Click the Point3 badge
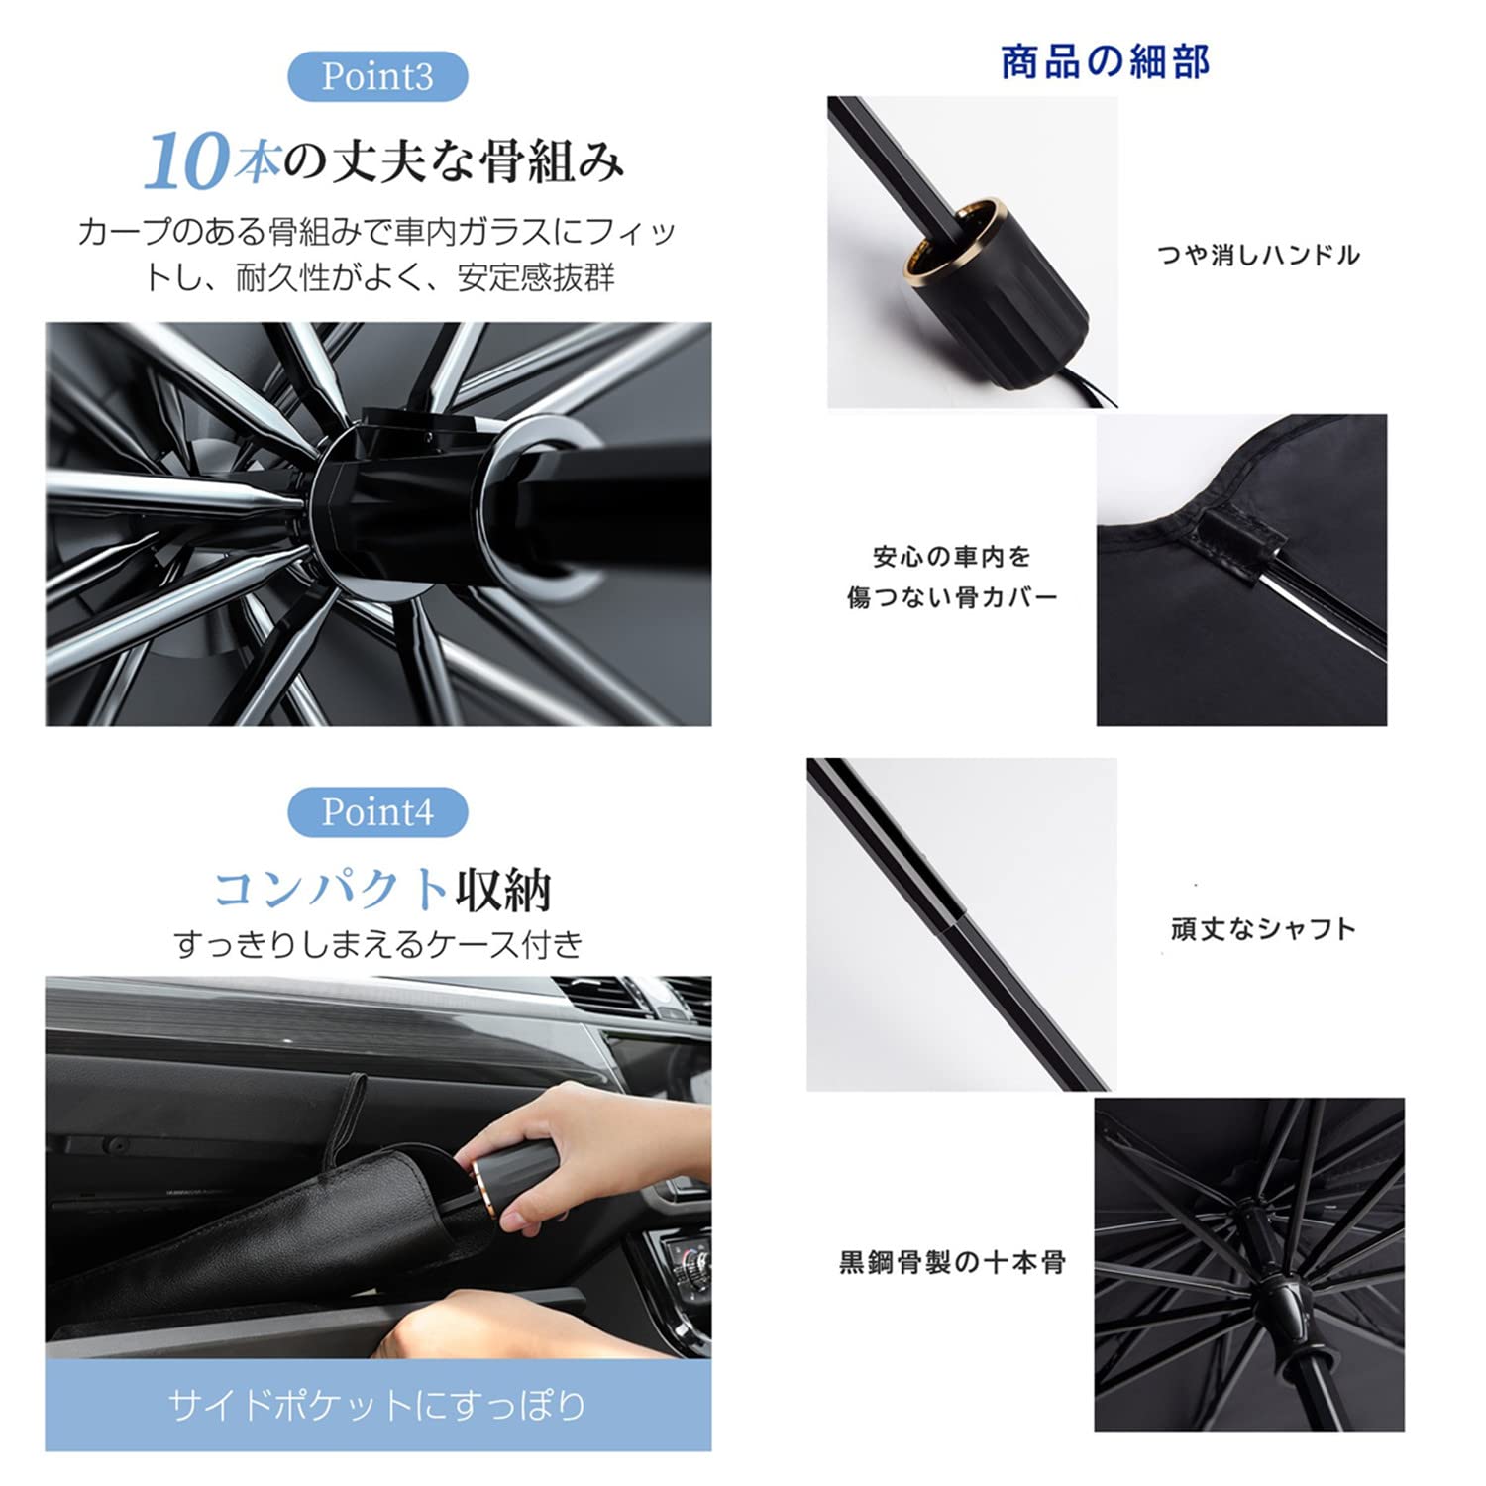pyautogui.click(x=377, y=76)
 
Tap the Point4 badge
pyautogui.click(x=377, y=812)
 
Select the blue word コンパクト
pyautogui.click(x=331, y=889)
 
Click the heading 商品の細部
pyautogui.click(x=1105, y=61)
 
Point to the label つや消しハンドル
pyautogui.click(x=1258, y=256)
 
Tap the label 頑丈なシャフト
pyautogui.click(x=1262, y=929)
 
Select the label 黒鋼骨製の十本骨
pyautogui.click(x=952, y=1262)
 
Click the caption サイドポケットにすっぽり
pyautogui.click(x=377, y=1405)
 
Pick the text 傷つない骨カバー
pyautogui.click(x=952, y=597)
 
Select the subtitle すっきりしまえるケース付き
pyautogui.click(x=377, y=944)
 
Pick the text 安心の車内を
pyautogui.click(x=952, y=557)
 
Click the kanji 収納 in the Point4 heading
pyautogui.click(x=503, y=889)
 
